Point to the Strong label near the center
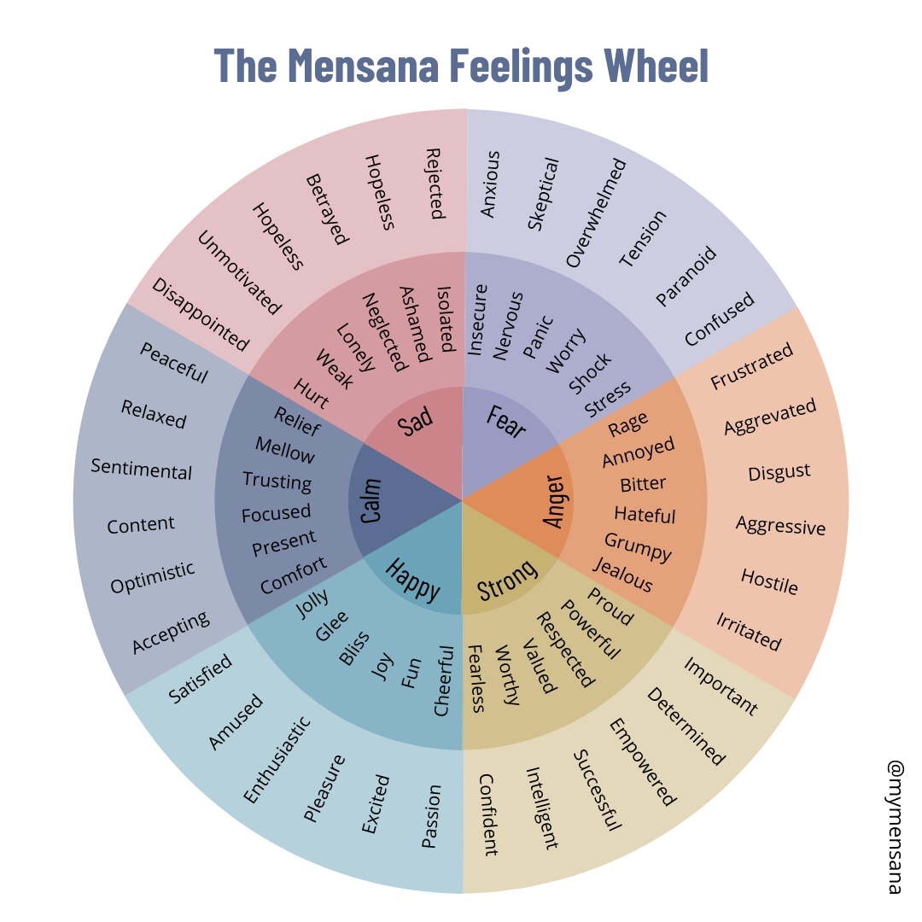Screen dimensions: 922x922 pos(507,580)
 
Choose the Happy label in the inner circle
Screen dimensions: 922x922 pos(413,579)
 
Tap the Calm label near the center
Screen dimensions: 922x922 pos(371,500)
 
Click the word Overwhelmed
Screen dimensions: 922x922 pos(596,213)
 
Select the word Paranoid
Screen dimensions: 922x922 pos(686,276)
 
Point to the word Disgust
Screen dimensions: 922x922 pos(779,472)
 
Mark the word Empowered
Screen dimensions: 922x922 pos(641,762)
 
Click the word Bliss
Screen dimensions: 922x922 pos(353,647)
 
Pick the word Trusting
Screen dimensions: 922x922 pos(277,481)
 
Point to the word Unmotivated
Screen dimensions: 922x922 pos(239,273)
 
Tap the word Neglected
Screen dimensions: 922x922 pos(382,332)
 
